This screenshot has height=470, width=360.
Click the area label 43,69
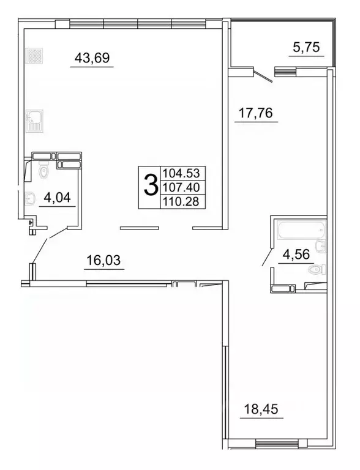pos(92,59)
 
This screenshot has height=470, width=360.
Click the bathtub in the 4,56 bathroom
pos(299,231)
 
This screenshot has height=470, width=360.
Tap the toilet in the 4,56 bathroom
pos(316,269)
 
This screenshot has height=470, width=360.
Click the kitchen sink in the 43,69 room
pos(33,121)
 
